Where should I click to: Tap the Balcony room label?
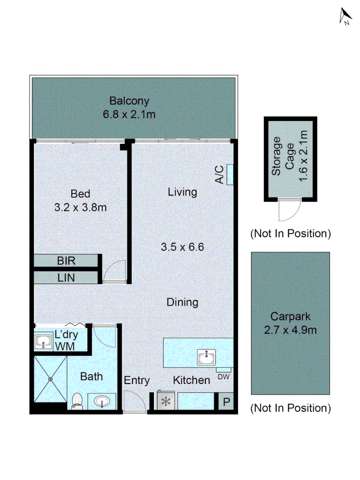pyautogui.click(x=129, y=101)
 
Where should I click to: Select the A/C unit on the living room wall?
pyautogui.click(x=230, y=175)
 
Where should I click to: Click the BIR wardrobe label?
pyautogui.click(x=67, y=261)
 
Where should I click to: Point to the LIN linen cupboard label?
pyautogui.click(x=67, y=278)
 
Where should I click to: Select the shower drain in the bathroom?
pyautogui.click(x=50, y=379)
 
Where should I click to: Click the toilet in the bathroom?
pyautogui.click(x=77, y=400)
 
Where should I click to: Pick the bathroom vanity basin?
pyautogui.click(x=102, y=402)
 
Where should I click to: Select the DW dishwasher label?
pyautogui.click(x=224, y=377)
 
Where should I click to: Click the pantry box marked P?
pyautogui.click(x=226, y=403)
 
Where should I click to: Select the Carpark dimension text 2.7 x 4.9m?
pyautogui.click(x=290, y=331)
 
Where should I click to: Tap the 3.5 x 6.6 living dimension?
pyautogui.click(x=182, y=247)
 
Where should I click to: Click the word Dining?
pyautogui.click(x=182, y=302)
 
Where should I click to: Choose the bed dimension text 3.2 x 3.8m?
pyautogui.click(x=80, y=207)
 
